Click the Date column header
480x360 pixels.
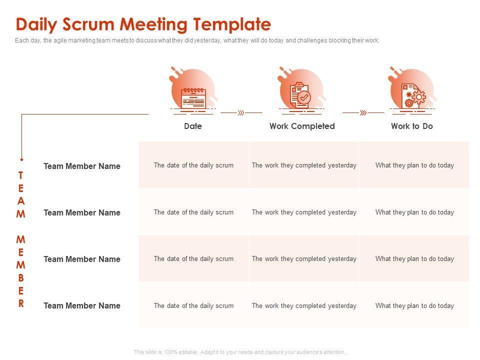193,126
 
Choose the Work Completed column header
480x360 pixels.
302,126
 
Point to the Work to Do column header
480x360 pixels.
412,126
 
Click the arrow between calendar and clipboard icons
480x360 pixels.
241,113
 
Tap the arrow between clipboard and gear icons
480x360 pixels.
363,113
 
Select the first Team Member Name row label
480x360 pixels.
82,166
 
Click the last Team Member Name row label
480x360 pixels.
82,305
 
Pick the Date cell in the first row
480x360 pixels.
193,165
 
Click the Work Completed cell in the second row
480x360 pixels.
304,212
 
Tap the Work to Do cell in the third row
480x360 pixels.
414,258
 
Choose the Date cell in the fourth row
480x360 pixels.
193,305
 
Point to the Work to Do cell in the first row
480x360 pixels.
414,165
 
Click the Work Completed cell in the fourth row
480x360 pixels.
304,305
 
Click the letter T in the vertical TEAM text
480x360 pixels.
21,175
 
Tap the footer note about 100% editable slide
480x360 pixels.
239,352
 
